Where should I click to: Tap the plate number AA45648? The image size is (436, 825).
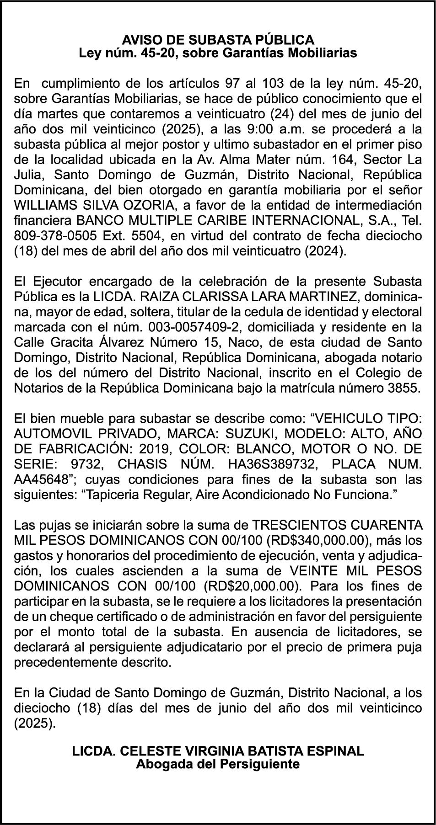43,479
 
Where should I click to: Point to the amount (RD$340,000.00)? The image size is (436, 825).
317,540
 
